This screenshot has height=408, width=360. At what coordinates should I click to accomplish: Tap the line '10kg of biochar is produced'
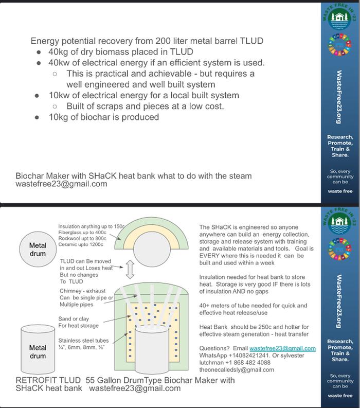tap(103, 117)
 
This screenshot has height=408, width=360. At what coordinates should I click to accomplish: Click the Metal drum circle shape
tap(38, 249)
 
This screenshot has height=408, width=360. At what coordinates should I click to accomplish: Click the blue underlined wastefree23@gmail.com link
tap(282, 349)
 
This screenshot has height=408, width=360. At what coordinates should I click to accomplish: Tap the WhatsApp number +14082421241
tap(249, 356)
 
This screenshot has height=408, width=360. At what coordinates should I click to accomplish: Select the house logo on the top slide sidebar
tap(338, 20)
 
